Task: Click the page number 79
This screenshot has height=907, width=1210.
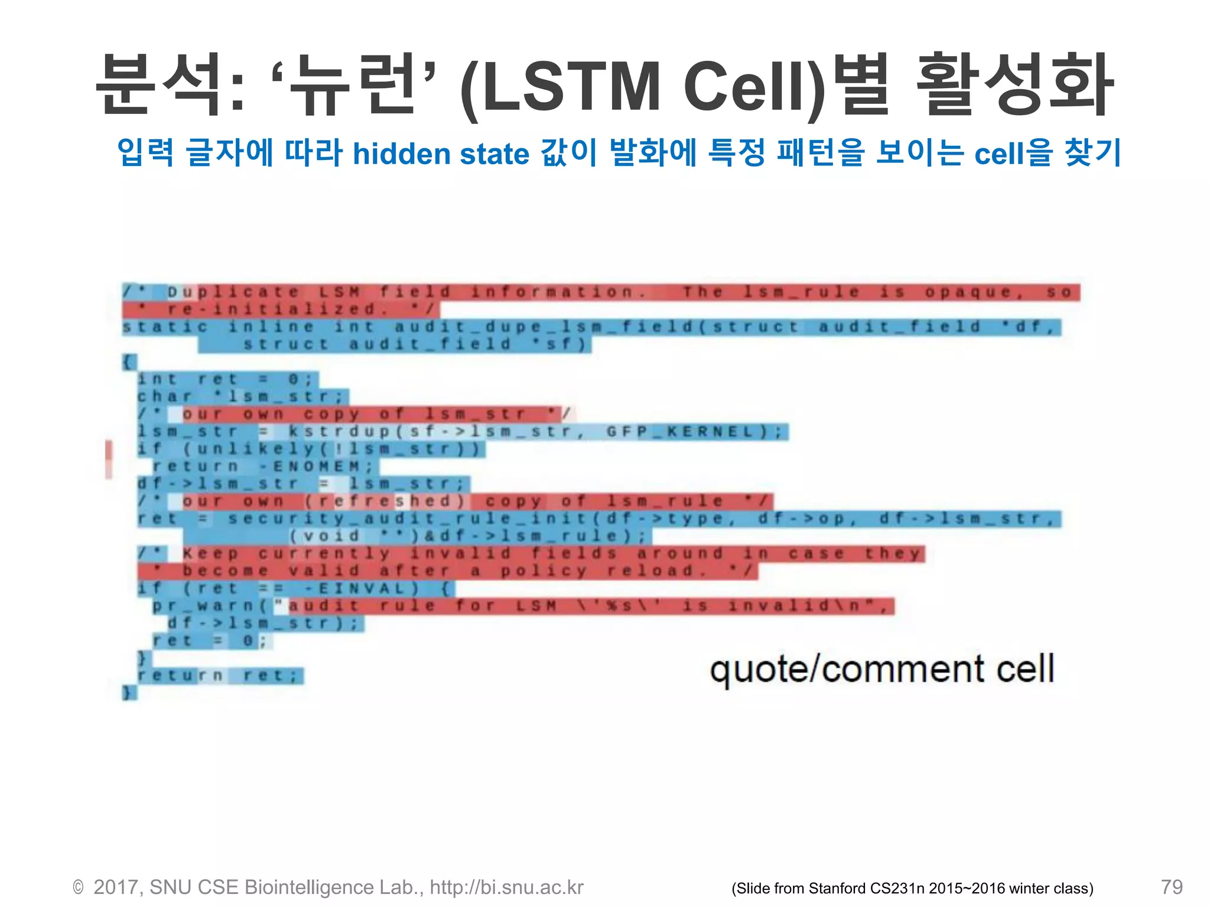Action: coord(1171,887)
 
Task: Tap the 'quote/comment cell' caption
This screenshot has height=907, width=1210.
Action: coord(882,670)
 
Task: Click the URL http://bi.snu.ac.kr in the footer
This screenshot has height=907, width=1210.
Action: coord(506,888)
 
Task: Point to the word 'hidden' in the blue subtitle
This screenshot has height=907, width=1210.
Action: coord(401,154)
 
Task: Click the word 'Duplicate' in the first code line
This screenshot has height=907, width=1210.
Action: coord(233,292)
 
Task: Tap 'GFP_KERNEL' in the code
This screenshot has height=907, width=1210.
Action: coord(681,432)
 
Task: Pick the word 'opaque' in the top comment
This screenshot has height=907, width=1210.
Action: coord(968,292)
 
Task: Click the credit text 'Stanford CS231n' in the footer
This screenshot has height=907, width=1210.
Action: coord(867,889)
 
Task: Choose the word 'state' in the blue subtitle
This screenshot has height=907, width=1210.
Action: coord(494,154)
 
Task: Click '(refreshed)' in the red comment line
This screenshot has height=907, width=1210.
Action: coord(386,501)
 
